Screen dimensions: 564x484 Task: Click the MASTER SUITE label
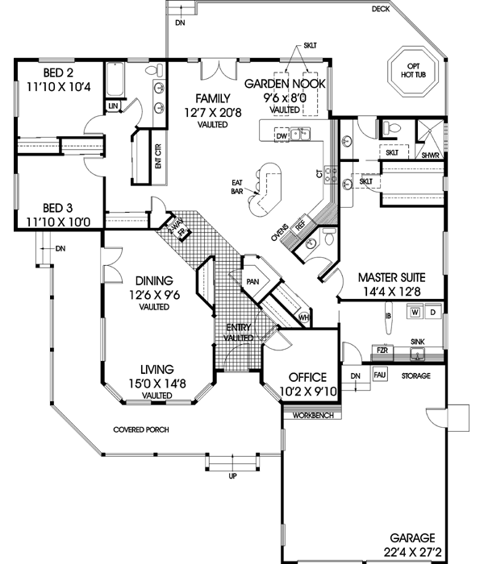click(x=391, y=276)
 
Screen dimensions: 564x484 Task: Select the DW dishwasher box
click(x=282, y=135)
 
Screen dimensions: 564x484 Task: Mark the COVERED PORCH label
click(x=140, y=429)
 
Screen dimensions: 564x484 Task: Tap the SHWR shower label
click(x=429, y=156)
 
